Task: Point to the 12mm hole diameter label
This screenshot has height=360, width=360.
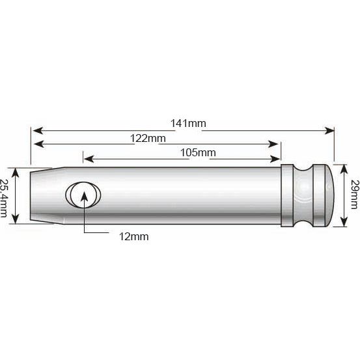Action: (135, 236)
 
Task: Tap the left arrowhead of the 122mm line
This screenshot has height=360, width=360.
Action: (36, 144)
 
